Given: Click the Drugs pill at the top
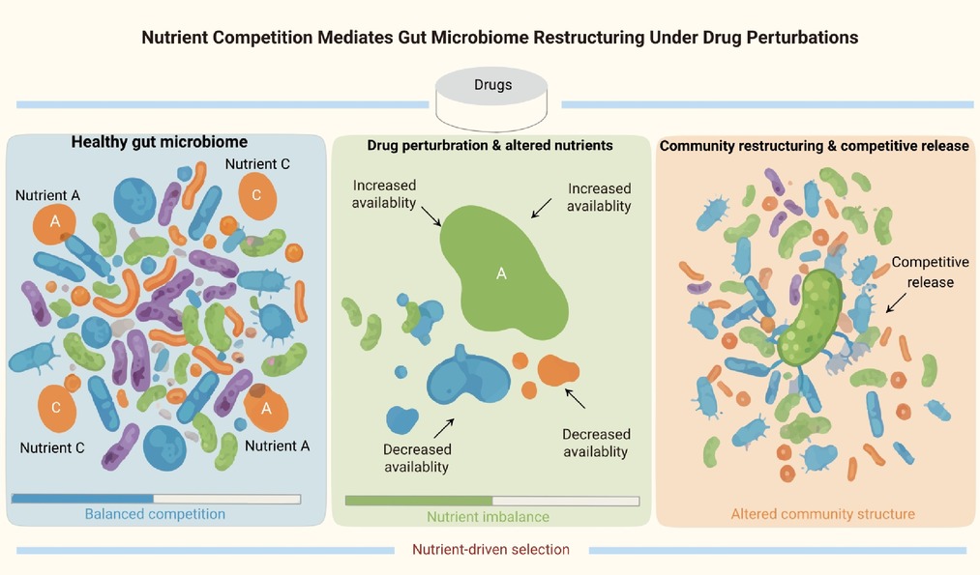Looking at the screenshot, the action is click(x=491, y=99).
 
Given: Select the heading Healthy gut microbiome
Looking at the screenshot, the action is click(x=160, y=142).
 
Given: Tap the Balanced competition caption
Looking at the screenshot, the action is click(x=155, y=514).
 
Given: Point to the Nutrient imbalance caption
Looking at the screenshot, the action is click(x=489, y=517).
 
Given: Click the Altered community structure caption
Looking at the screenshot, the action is click(x=822, y=514).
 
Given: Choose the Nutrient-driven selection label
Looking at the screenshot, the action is click(x=490, y=550).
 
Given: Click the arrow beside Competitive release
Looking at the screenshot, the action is click(x=896, y=302).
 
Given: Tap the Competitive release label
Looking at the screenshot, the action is click(x=930, y=272).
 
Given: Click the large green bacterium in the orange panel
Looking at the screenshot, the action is click(x=811, y=318).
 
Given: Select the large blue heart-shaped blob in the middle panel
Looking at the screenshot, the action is click(x=468, y=376).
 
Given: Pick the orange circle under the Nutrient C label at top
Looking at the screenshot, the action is click(x=257, y=196).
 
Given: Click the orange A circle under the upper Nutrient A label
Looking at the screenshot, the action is click(x=54, y=222).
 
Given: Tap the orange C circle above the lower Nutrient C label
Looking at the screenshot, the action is click(x=57, y=409).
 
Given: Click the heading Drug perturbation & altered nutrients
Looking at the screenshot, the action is click(x=490, y=146).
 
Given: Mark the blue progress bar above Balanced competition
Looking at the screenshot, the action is click(x=82, y=499).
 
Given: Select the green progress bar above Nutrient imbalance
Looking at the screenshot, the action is click(x=419, y=501).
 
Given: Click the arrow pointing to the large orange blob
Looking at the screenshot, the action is click(x=575, y=398).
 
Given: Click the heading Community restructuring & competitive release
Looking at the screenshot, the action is click(x=815, y=146).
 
